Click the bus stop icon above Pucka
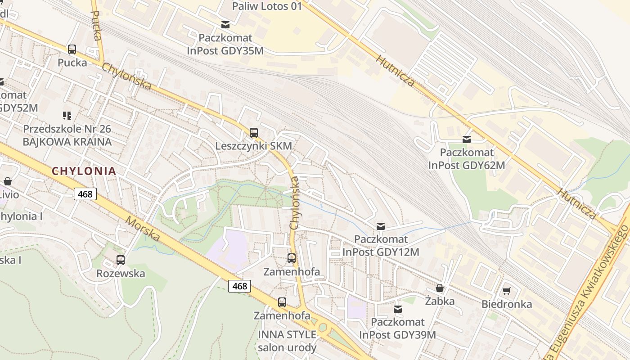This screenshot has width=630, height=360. (x=72, y=49)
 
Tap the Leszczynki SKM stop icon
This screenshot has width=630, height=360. (x=254, y=132)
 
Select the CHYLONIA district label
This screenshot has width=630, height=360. (x=84, y=171)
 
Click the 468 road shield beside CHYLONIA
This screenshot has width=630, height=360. (x=85, y=194)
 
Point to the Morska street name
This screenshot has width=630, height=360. (x=143, y=229)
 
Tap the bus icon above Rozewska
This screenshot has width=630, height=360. (x=120, y=260)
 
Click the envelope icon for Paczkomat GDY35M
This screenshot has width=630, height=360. (x=225, y=25)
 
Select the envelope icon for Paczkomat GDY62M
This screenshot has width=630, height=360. (x=467, y=139)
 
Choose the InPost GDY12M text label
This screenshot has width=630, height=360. (x=381, y=252)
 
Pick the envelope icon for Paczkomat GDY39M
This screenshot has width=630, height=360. (x=398, y=309)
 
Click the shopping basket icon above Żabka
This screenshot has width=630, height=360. (x=440, y=288)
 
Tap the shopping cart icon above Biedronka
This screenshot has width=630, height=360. (x=507, y=291)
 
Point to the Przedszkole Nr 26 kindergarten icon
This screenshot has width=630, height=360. (x=67, y=116)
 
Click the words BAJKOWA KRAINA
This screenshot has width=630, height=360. (x=67, y=142)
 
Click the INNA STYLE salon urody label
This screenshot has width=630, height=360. (x=287, y=341)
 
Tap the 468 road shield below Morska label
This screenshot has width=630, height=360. (x=239, y=286)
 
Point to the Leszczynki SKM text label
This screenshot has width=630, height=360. (x=254, y=146)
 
